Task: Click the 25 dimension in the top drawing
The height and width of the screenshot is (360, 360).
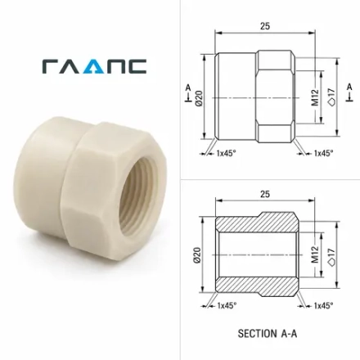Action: [265, 26]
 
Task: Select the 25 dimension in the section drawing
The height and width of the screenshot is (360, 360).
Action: [265, 194]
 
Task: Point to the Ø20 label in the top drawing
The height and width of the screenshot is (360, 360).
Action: [199, 98]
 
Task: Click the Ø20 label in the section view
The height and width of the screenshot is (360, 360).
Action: [197, 255]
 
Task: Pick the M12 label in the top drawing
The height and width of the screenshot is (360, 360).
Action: [315, 97]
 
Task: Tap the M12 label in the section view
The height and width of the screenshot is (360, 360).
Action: [315, 254]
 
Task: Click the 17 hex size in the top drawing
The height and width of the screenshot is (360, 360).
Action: [332, 97]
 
